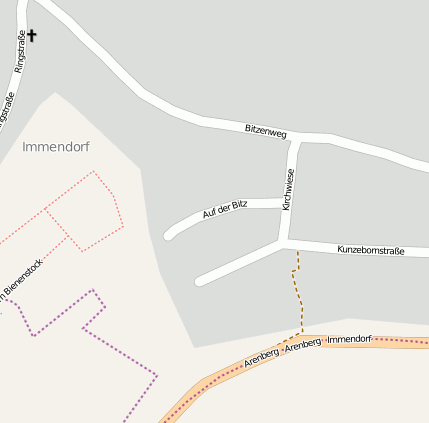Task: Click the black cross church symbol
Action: [x=31, y=36]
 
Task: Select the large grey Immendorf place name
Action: [x=56, y=147]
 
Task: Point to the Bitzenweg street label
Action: [x=266, y=130]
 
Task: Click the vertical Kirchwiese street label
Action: [x=288, y=189]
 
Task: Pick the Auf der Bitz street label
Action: [x=225, y=209]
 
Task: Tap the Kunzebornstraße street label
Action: [x=370, y=250]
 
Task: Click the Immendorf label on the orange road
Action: [x=349, y=340]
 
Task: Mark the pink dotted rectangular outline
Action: [x=85, y=210]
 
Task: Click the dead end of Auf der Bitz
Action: [x=168, y=236]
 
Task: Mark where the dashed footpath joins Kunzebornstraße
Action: [x=297, y=249]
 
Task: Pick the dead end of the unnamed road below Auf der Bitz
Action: [x=200, y=281]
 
